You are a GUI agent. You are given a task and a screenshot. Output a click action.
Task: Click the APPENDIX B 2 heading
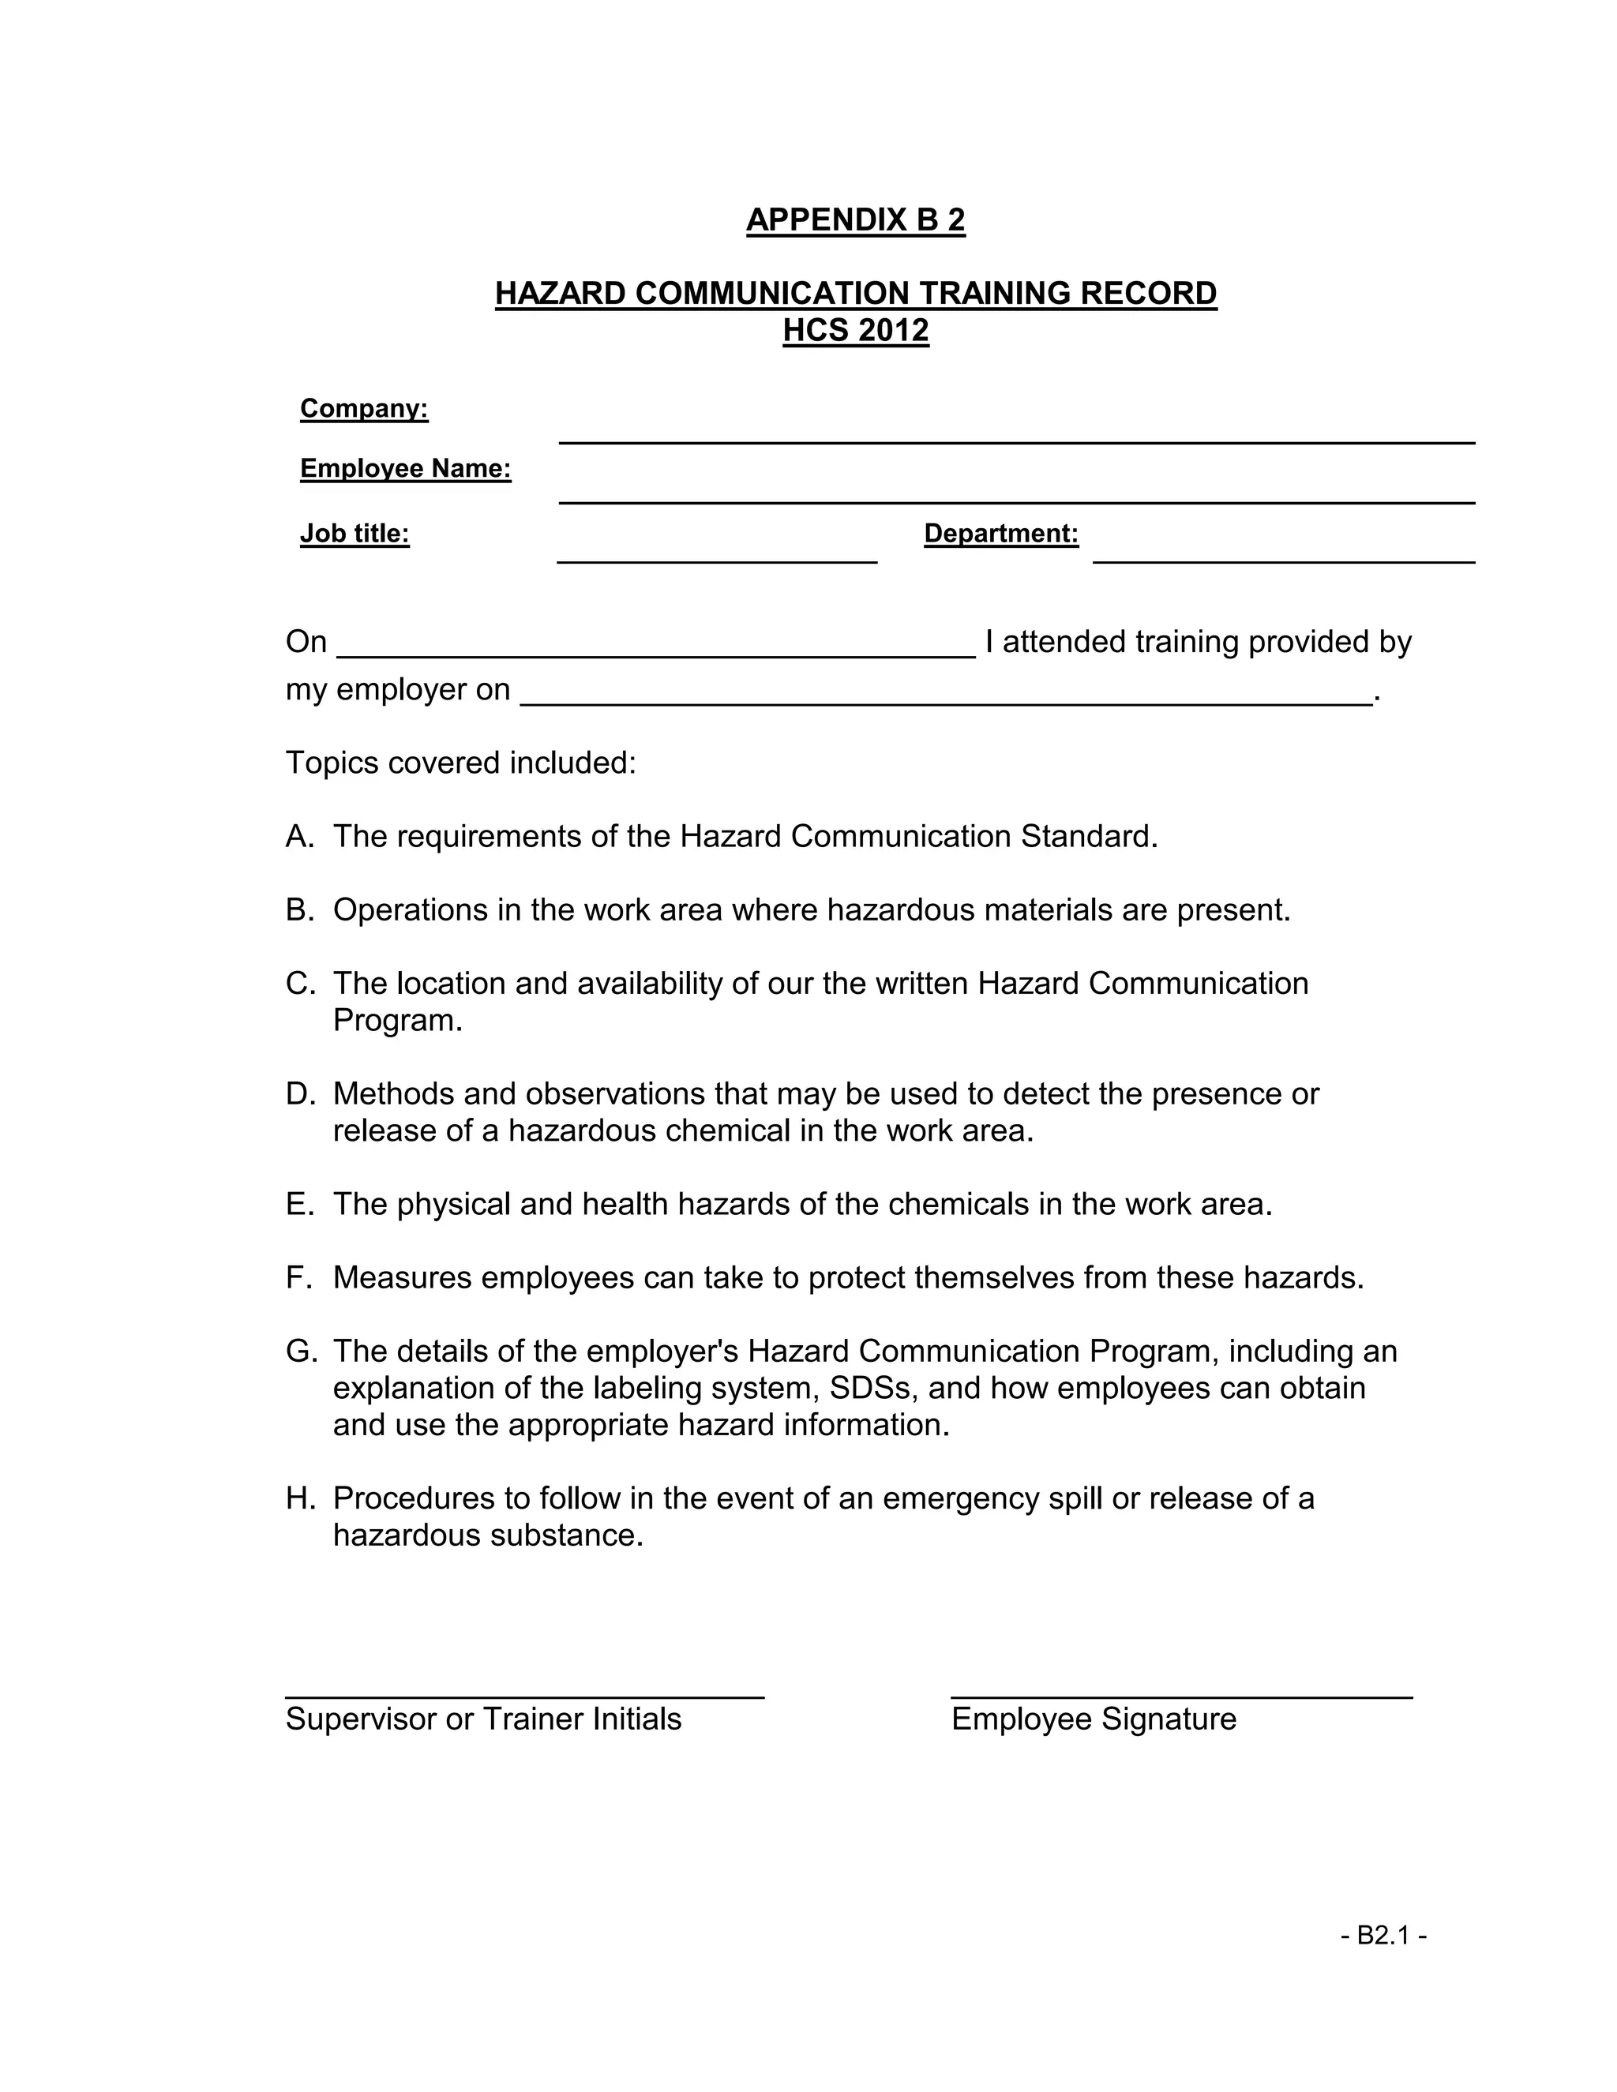854,219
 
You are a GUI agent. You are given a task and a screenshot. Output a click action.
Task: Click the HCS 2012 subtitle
854,331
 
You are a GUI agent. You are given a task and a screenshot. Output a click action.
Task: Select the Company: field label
364,409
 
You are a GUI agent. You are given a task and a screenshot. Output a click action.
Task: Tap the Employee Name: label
405,468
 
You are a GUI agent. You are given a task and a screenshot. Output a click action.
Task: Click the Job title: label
355,534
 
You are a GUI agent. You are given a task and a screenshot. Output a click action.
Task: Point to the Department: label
1000,534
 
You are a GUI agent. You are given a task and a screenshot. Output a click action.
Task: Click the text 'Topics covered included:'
461,763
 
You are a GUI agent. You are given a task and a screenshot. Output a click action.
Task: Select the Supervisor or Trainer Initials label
482,1719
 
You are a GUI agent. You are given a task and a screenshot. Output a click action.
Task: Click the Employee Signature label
1093,1719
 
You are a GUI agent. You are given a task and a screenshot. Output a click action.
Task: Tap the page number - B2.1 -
1383,1936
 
